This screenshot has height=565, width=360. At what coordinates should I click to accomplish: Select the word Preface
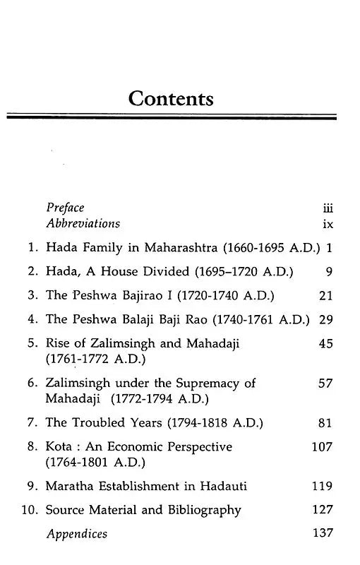pos(65,208)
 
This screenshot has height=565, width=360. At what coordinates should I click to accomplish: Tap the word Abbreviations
pos(83,224)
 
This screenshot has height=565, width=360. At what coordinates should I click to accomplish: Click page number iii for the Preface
pos(327,208)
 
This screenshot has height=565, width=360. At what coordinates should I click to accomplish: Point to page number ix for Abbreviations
pos(328,225)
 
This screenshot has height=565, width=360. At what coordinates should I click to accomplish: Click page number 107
pos(322,446)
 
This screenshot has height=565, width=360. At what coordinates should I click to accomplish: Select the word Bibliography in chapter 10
pos(205,510)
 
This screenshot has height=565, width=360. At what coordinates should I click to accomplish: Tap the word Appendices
pos(77,534)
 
